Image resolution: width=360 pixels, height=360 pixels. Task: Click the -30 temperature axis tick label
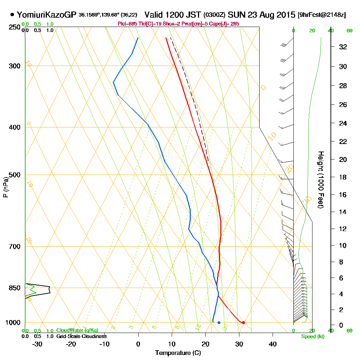pyautogui.click(x=37, y=344)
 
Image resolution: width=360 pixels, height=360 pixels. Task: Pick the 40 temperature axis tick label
pyautogui.click(x=273, y=344)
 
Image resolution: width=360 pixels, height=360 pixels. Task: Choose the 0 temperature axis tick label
pyautogui.click(x=138, y=344)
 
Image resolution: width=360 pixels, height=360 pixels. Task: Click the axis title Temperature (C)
pyautogui.click(x=178, y=353)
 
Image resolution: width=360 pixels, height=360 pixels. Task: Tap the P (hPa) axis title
pyautogui.click(x=5, y=187)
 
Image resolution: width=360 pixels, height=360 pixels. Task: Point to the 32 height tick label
pyautogui.click(x=343, y=47)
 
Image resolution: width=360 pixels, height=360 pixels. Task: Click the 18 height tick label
pyautogui.click(x=343, y=177)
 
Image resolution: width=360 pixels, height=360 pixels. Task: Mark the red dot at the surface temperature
pyautogui.click(x=244, y=323)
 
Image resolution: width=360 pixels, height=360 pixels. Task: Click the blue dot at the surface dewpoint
pyautogui.click(x=219, y=323)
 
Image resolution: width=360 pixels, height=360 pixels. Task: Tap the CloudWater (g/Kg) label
pyautogui.click(x=77, y=330)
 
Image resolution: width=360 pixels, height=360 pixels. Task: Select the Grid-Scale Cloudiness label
pyautogui.click(x=81, y=336)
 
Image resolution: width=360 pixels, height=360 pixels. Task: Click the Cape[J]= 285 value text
pyautogui.click(x=225, y=24)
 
